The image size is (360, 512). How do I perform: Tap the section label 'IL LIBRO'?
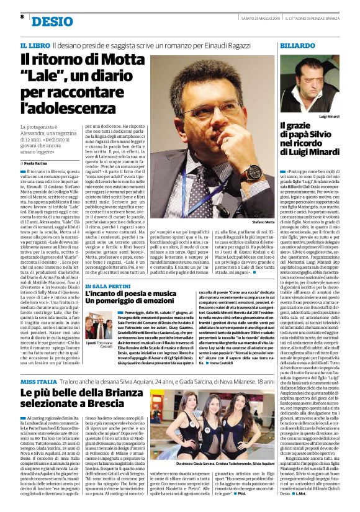(x=35, y=47)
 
